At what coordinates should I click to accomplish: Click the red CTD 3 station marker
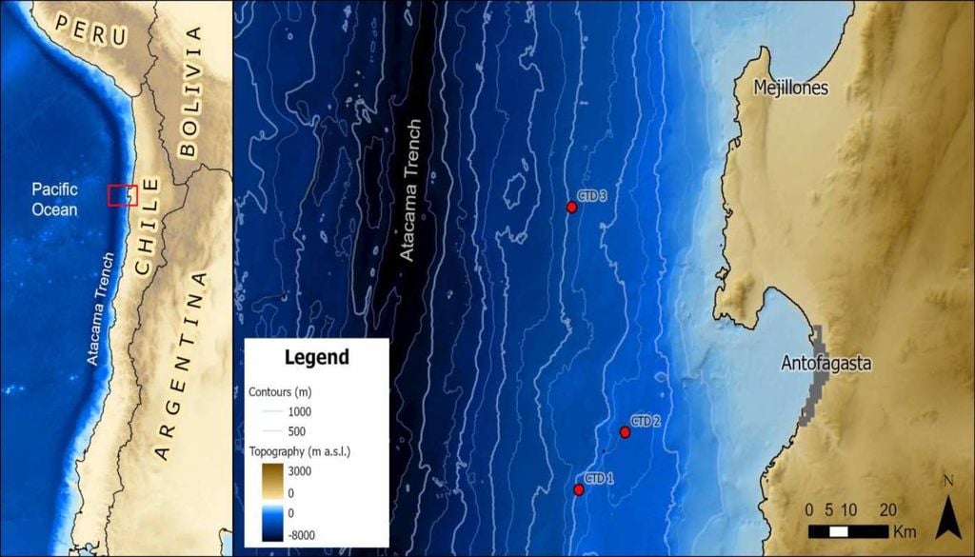pos(571,207)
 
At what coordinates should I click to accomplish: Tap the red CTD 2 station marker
pos(625,432)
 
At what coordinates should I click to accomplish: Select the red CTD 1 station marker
pos(579,489)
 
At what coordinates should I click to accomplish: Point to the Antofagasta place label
pos(826,363)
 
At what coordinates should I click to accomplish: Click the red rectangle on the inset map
pos(123,195)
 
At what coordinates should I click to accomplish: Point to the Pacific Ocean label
pos(53,200)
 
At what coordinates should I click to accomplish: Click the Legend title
pos(317,358)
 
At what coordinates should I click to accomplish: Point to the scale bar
pos(848,530)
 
